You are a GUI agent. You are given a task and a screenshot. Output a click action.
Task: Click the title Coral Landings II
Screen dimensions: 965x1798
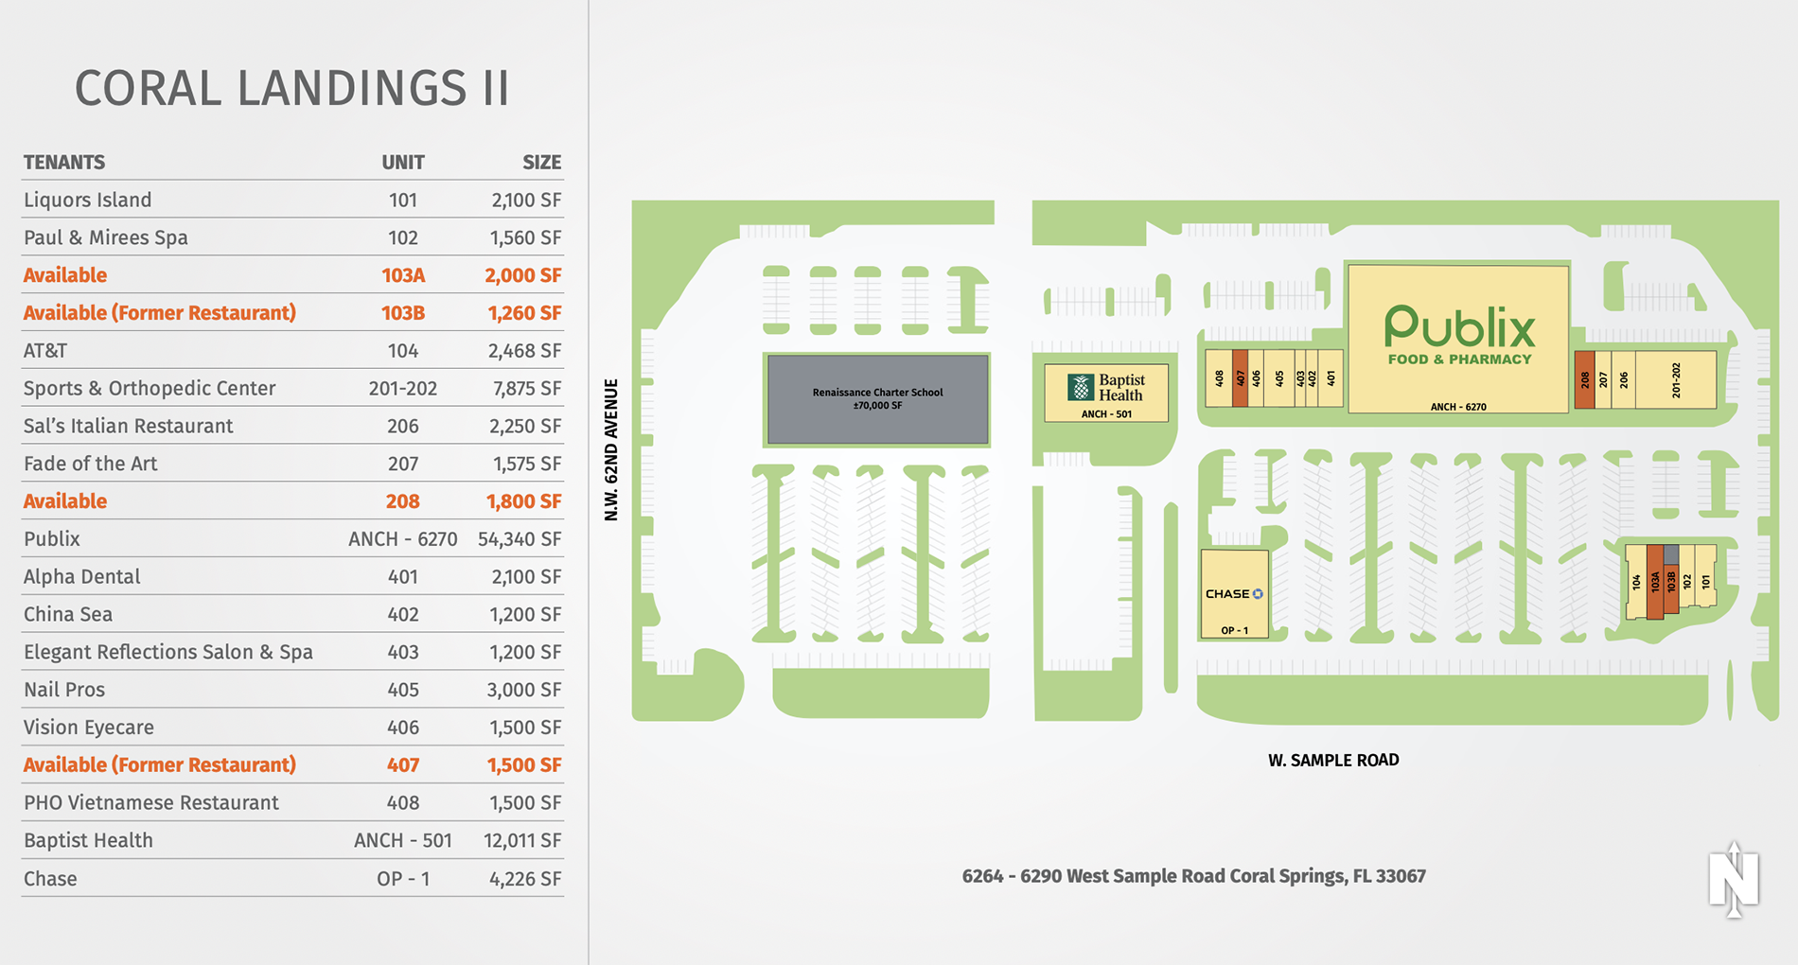[291, 89]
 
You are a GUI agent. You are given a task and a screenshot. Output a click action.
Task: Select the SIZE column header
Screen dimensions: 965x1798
[541, 162]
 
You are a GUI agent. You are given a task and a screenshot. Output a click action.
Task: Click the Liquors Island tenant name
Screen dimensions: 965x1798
[87, 200]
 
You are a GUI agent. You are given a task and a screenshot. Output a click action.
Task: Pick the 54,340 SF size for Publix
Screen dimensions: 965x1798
[520, 539]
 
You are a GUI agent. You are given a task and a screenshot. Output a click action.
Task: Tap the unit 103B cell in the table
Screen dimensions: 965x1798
[402, 313]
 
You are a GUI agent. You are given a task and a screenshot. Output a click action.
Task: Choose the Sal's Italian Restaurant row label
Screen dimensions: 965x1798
[128, 426]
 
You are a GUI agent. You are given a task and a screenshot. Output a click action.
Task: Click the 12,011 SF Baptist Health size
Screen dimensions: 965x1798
[522, 840]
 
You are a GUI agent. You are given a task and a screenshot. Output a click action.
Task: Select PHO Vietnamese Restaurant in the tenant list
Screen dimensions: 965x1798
[150, 802]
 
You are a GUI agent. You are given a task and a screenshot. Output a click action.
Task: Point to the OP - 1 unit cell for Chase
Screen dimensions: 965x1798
[402, 878]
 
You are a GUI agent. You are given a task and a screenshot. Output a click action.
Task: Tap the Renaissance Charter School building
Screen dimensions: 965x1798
[877, 398]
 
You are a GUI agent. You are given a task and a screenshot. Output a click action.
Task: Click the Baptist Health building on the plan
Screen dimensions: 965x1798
[1106, 393]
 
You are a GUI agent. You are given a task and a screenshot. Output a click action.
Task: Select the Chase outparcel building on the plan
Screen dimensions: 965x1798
[1234, 594]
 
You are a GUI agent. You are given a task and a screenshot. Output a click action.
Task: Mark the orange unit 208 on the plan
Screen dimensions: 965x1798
[1584, 380]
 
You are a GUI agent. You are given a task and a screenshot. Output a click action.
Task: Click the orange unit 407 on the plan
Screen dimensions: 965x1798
[1240, 378]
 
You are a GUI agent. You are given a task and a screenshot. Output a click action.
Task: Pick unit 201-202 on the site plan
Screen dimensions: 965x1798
[1676, 380]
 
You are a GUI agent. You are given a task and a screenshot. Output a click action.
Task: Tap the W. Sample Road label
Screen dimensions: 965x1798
[1333, 760]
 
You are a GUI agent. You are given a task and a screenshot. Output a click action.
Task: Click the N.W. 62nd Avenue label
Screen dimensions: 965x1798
[611, 449]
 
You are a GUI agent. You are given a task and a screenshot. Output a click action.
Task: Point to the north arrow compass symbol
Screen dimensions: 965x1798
[1734, 880]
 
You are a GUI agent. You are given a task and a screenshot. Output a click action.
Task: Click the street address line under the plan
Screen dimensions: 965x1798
[1193, 876]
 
